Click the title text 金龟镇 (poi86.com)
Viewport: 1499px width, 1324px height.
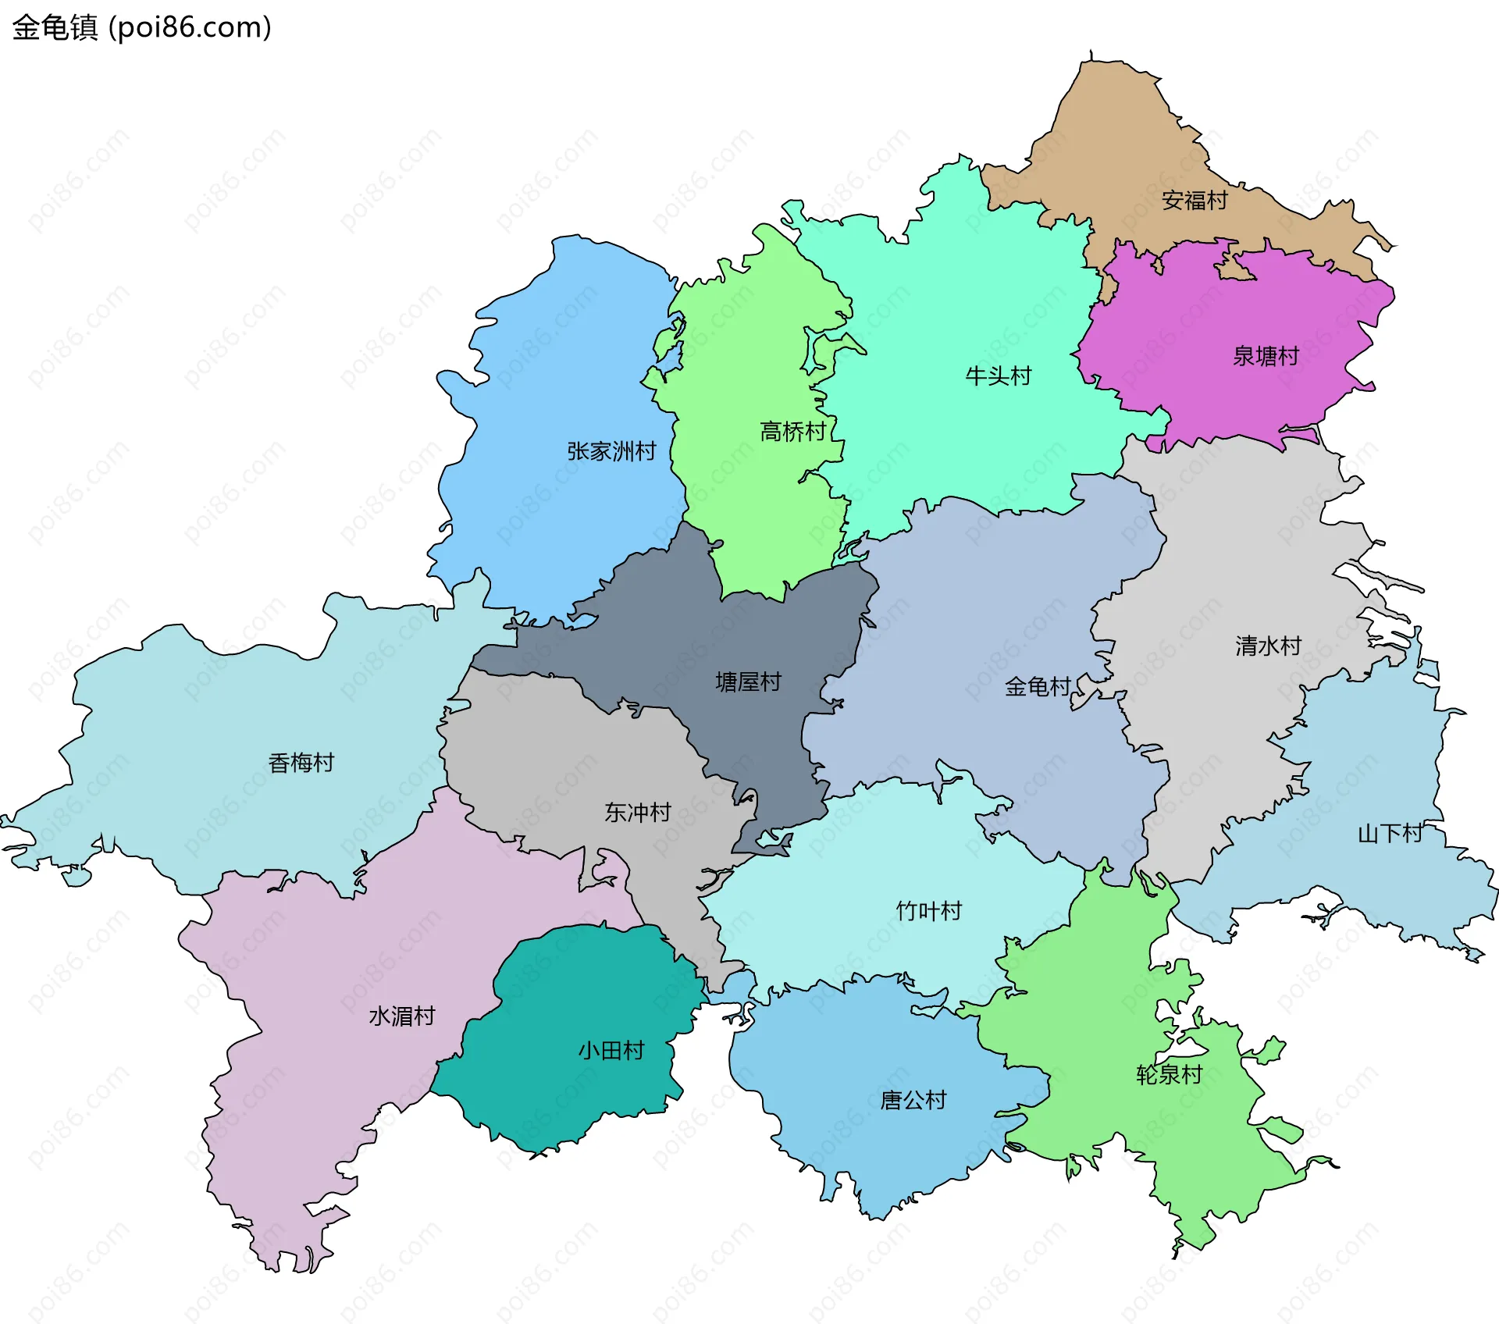[x=141, y=27]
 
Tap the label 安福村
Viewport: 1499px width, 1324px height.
[x=1194, y=201]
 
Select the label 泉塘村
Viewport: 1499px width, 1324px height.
[x=1265, y=357]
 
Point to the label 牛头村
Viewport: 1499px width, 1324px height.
[x=998, y=376]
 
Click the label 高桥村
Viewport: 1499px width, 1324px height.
[x=792, y=432]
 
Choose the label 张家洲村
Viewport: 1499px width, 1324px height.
[x=611, y=451]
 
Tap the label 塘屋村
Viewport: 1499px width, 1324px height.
[x=748, y=682]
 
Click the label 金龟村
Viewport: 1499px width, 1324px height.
[x=1037, y=687]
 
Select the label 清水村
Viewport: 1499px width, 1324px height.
[x=1268, y=646]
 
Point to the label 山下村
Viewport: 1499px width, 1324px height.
[x=1390, y=834]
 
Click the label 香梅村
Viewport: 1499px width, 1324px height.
[x=301, y=763]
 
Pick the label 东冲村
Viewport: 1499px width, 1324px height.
[x=637, y=813]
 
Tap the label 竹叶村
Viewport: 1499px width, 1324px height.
[x=928, y=911]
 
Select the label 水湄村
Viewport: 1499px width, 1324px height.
[x=401, y=1016]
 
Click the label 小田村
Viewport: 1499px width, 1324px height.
[x=611, y=1051]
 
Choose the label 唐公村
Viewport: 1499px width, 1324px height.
[x=913, y=1101]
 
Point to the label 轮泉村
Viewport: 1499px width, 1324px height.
[x=1169, y=1075]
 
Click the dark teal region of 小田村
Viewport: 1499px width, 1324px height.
[x=562, y=1093]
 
